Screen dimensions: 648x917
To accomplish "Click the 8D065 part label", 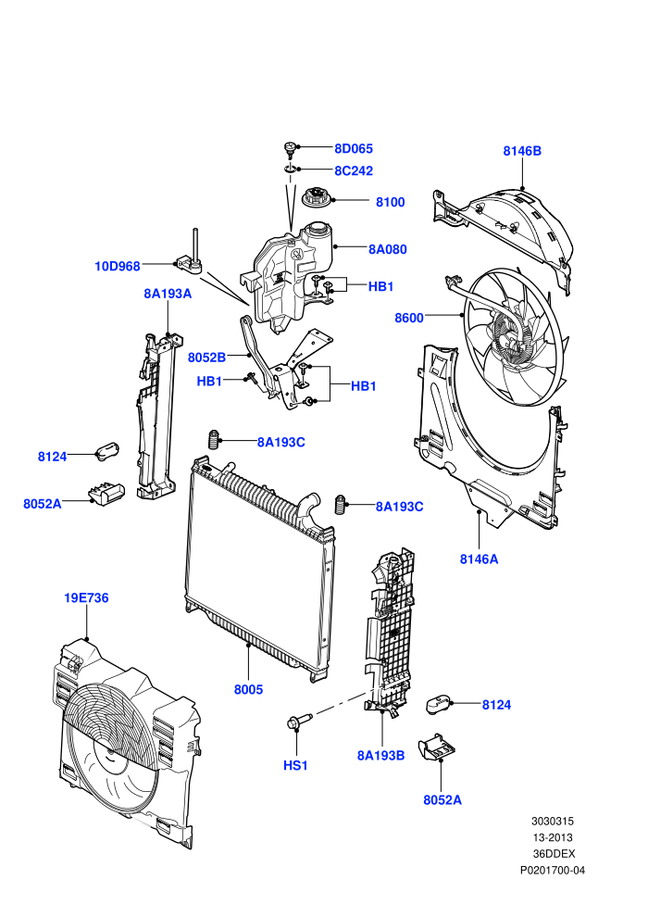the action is click(353, 148).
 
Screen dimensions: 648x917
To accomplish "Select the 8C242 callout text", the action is click(353, 170).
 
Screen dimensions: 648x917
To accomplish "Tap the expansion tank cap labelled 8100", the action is click(317, 196).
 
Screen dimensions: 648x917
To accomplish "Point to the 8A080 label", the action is click(387, 249).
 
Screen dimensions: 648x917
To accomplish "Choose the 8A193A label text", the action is click(168, 294).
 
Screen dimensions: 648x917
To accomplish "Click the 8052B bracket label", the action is click(206, 358).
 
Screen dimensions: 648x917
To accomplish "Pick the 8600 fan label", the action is click(409, 318).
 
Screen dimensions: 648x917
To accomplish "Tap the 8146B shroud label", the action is click(522, 151).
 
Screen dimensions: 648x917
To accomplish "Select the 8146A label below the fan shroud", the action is click(480, 559).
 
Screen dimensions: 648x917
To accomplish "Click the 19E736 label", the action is click(86, 597).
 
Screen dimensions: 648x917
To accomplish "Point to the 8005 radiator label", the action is click(248, 689).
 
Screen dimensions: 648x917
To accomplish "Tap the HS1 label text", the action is click(295, 765).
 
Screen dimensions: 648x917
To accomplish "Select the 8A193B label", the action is click(381, 756).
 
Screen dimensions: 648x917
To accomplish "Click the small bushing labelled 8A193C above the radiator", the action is click(215, 439).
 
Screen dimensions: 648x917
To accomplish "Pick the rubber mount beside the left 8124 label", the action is click(107, 451).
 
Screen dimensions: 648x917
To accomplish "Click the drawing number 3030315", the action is click(552, 821).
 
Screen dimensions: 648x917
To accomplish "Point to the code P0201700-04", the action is click(552, 870).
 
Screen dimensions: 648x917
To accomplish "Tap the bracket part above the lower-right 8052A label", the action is click(437, 748).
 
